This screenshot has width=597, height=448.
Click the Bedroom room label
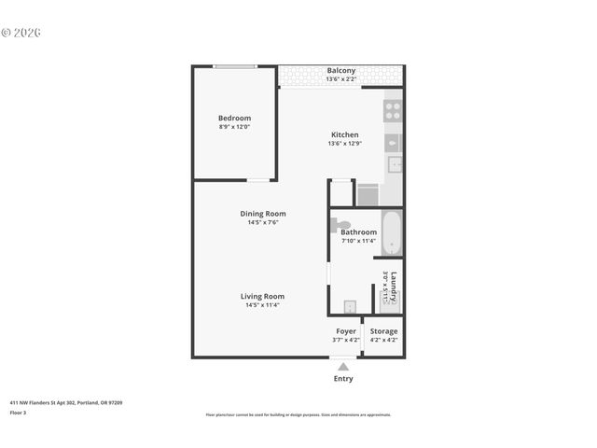coord(234,119)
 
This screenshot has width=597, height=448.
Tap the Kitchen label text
coord(343,134)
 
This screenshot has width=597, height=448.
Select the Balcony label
coord(340,71)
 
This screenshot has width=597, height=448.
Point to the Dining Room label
coord(262,214)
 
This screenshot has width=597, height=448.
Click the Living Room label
coord(262,296)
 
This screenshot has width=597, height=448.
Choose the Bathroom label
coord(359,232)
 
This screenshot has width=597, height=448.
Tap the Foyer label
coord(345,331)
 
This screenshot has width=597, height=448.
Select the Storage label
coord(383,331)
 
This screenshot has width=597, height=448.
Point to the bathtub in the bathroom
coord(393,234)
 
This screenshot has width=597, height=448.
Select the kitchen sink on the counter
coord(395,164)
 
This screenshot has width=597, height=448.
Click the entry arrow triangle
coord(343,367)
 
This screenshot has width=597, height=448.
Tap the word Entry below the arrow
coord(343,379)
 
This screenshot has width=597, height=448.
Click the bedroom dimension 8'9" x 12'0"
coord(234,128)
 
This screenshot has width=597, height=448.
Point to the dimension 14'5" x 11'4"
coord(262,305)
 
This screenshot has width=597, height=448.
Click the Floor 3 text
coord(19,412)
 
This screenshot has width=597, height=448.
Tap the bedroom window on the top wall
coord(235,66)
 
